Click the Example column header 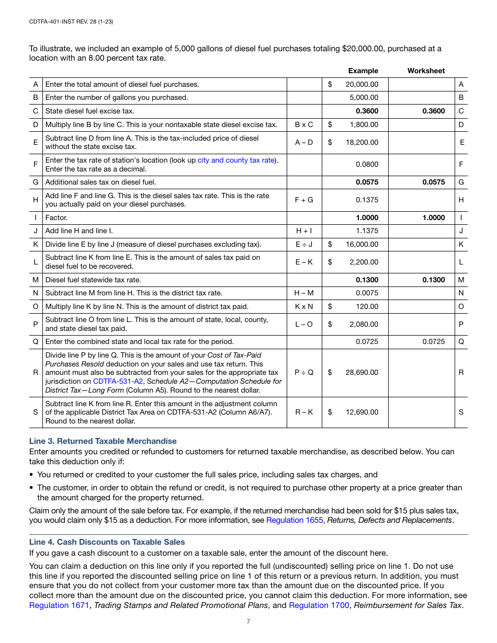tap(363, 71)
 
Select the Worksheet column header tap(426, 71)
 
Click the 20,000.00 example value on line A tap(362, 84)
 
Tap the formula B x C tap(304, 125)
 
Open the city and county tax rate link tap(236, 160)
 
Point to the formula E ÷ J tap(304, 244)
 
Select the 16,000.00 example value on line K tap(362, 244)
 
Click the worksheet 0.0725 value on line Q tap(434, 342)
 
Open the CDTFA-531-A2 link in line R tap(118, 381)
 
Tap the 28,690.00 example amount tap(362, 373)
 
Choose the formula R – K tap(304, 412)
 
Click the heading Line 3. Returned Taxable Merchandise tap(103, 441)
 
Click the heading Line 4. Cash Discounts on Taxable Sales tap(107, 542)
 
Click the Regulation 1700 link tap(319, 605)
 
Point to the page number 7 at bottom tap(249, 622)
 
